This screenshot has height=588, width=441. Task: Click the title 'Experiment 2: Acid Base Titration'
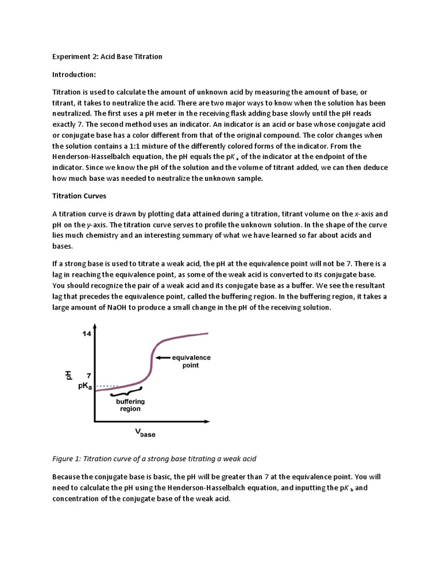[107, 56]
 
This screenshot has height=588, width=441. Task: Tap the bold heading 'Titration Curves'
[79, 196]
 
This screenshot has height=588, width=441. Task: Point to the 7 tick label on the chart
[88, 375]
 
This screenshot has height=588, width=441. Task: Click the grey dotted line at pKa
[107, 386]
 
